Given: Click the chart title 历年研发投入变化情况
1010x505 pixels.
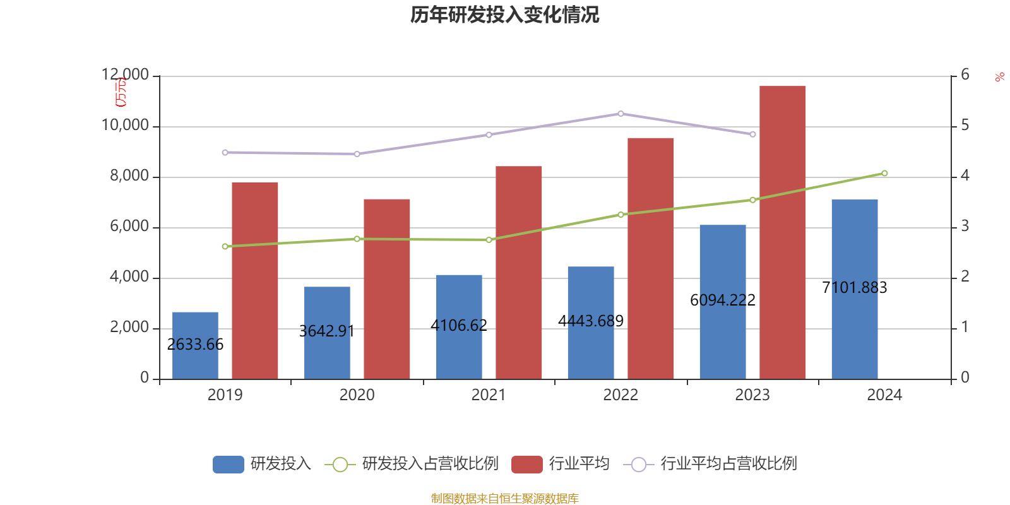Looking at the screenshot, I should pos(504,15).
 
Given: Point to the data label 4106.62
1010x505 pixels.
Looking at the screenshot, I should pos(459,325).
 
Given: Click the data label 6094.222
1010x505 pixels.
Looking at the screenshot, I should pos(723,300).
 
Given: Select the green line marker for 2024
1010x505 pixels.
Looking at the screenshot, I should pos(884,173).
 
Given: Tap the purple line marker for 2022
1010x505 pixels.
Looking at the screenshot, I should pos(621,114).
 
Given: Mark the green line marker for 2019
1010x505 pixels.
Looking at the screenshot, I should pos(225,247).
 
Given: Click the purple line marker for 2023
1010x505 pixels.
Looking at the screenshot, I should pos(752,134).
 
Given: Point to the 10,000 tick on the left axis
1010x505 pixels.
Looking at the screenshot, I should pos(125,126).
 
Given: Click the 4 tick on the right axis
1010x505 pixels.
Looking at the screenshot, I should pos(965,175).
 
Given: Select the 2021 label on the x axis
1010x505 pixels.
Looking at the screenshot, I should pos(489,395).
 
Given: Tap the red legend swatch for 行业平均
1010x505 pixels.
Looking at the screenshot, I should pos(526,464).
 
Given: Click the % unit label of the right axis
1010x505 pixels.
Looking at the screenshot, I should pos(999,78).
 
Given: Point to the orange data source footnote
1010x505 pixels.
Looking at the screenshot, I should pos(504,499).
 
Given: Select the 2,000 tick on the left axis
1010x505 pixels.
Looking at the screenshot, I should pos(129,327).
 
